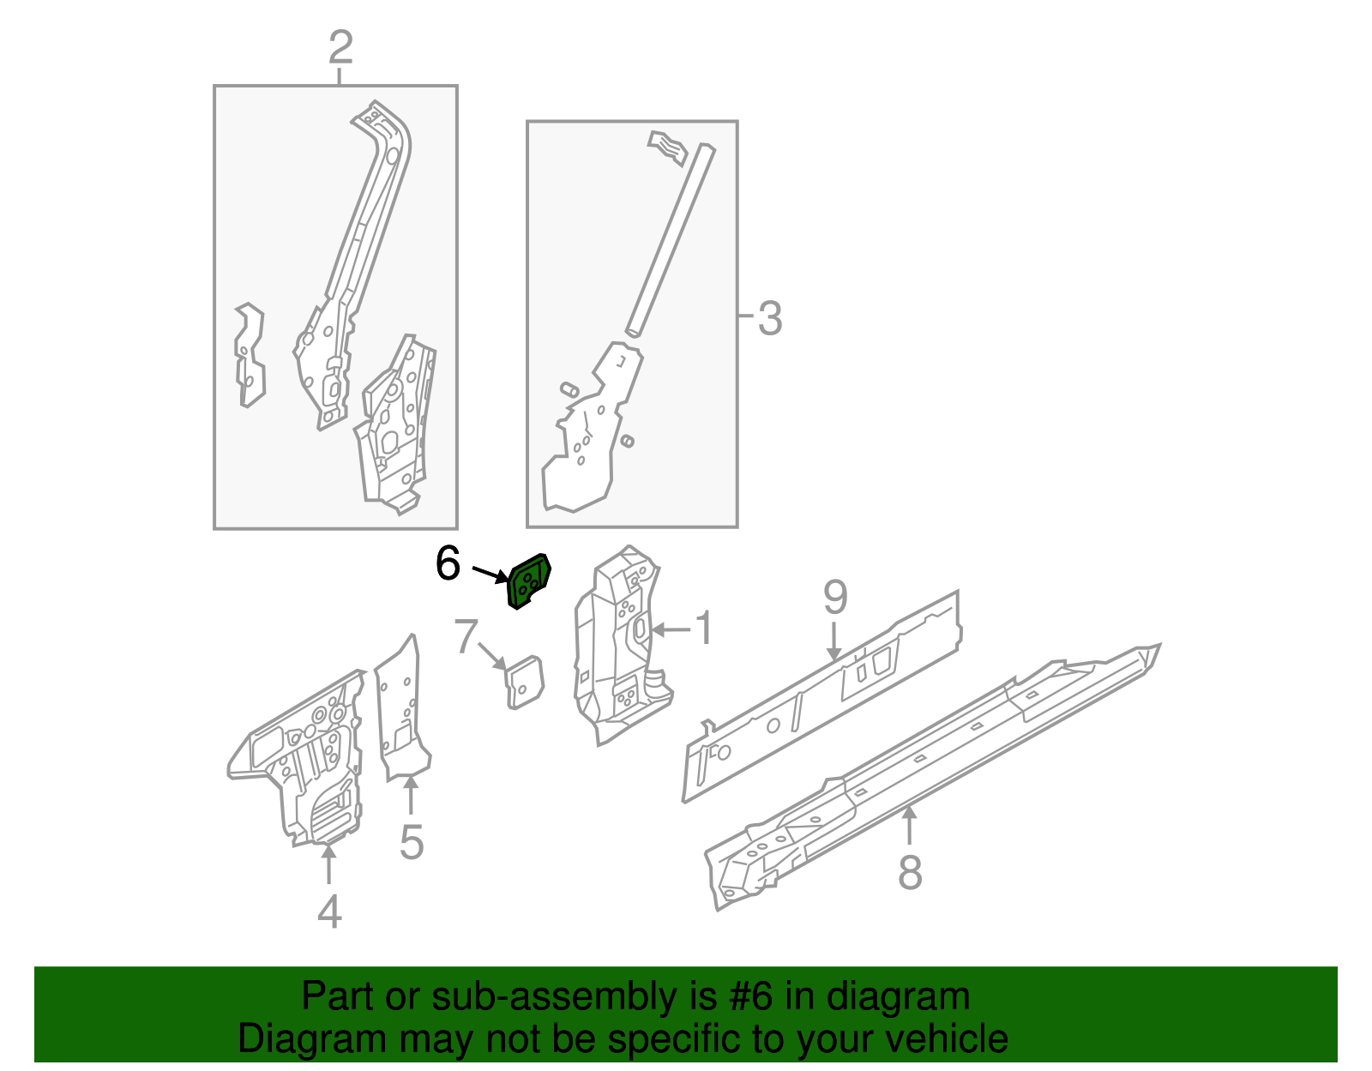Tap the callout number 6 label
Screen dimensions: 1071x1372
point(448,564)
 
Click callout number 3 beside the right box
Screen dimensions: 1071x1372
point(769,318)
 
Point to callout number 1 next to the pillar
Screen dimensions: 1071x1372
point(703,629)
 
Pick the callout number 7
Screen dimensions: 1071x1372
point(466,636)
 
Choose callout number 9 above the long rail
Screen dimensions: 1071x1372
point(834,597)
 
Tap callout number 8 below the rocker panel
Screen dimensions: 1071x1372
point(910,873)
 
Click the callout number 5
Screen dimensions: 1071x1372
point(412,842)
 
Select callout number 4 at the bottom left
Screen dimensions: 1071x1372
point(329,911)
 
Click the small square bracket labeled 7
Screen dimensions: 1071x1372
point(524,682)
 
